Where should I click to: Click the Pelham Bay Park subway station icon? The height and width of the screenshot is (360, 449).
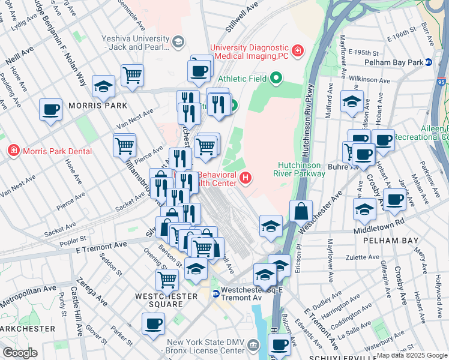[429, 62]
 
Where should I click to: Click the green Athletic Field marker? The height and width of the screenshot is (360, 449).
[276, 77]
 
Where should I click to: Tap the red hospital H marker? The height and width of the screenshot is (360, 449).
[245, 178]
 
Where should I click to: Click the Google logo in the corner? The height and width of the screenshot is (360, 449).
[20, 353]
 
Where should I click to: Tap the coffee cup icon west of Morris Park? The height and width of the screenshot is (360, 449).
[51, 110]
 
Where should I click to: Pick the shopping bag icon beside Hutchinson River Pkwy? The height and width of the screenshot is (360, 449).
[301, 211]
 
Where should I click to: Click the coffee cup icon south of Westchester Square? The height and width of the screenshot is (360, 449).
[153, 323]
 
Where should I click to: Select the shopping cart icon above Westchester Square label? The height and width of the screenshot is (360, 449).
[167, 278]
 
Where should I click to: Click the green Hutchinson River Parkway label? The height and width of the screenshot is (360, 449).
[302, 169]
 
